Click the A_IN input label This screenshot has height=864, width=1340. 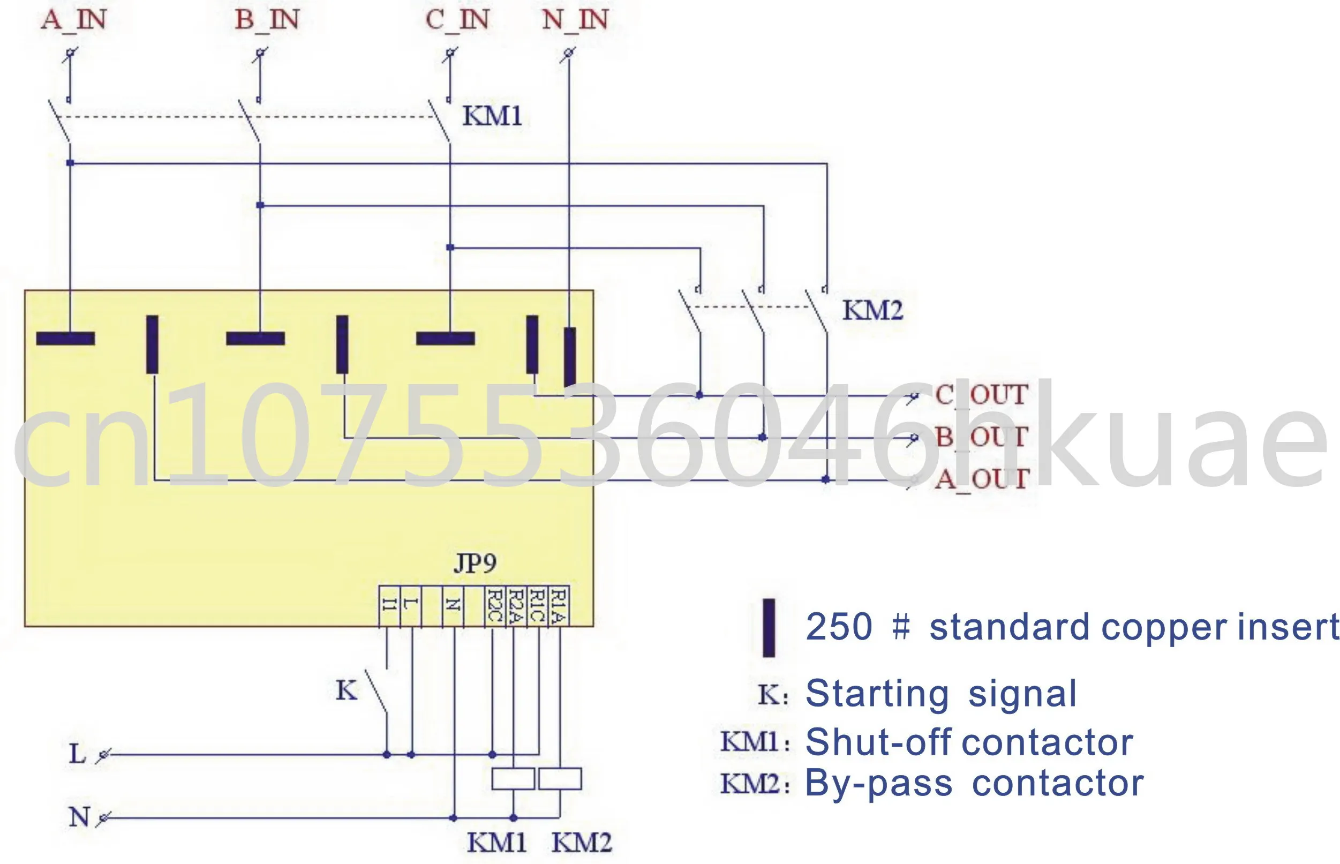tap(73, 20)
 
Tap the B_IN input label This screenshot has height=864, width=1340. tap(267, 20)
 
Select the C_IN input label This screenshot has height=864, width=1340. tap(457, 20)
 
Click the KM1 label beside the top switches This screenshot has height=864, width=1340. tap(492, 116)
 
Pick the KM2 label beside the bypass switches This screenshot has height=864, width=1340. tap(873, 310)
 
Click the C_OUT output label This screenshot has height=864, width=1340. tap(981, 394)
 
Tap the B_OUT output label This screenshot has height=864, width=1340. tap(981, 437)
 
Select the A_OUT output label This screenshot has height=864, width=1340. tap(981, 479)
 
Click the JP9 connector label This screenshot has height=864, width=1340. tap(475, 563)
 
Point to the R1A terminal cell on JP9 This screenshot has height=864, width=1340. tap(558, 606)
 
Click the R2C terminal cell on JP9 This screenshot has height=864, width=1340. tap(494, 606)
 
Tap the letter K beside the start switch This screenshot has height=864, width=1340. tap(346, 690)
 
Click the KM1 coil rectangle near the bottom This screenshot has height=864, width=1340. tap(513, 779)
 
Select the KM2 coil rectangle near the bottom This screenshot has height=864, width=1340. tap(560, 779)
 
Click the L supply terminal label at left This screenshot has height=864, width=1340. tap(78, 754)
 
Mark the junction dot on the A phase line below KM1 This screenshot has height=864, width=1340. tap(70, 163)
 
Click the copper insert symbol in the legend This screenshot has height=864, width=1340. tap(769, 628)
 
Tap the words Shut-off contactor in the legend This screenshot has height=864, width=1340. tap(969, 742)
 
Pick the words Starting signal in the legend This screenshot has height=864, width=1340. tap(940, 694)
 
